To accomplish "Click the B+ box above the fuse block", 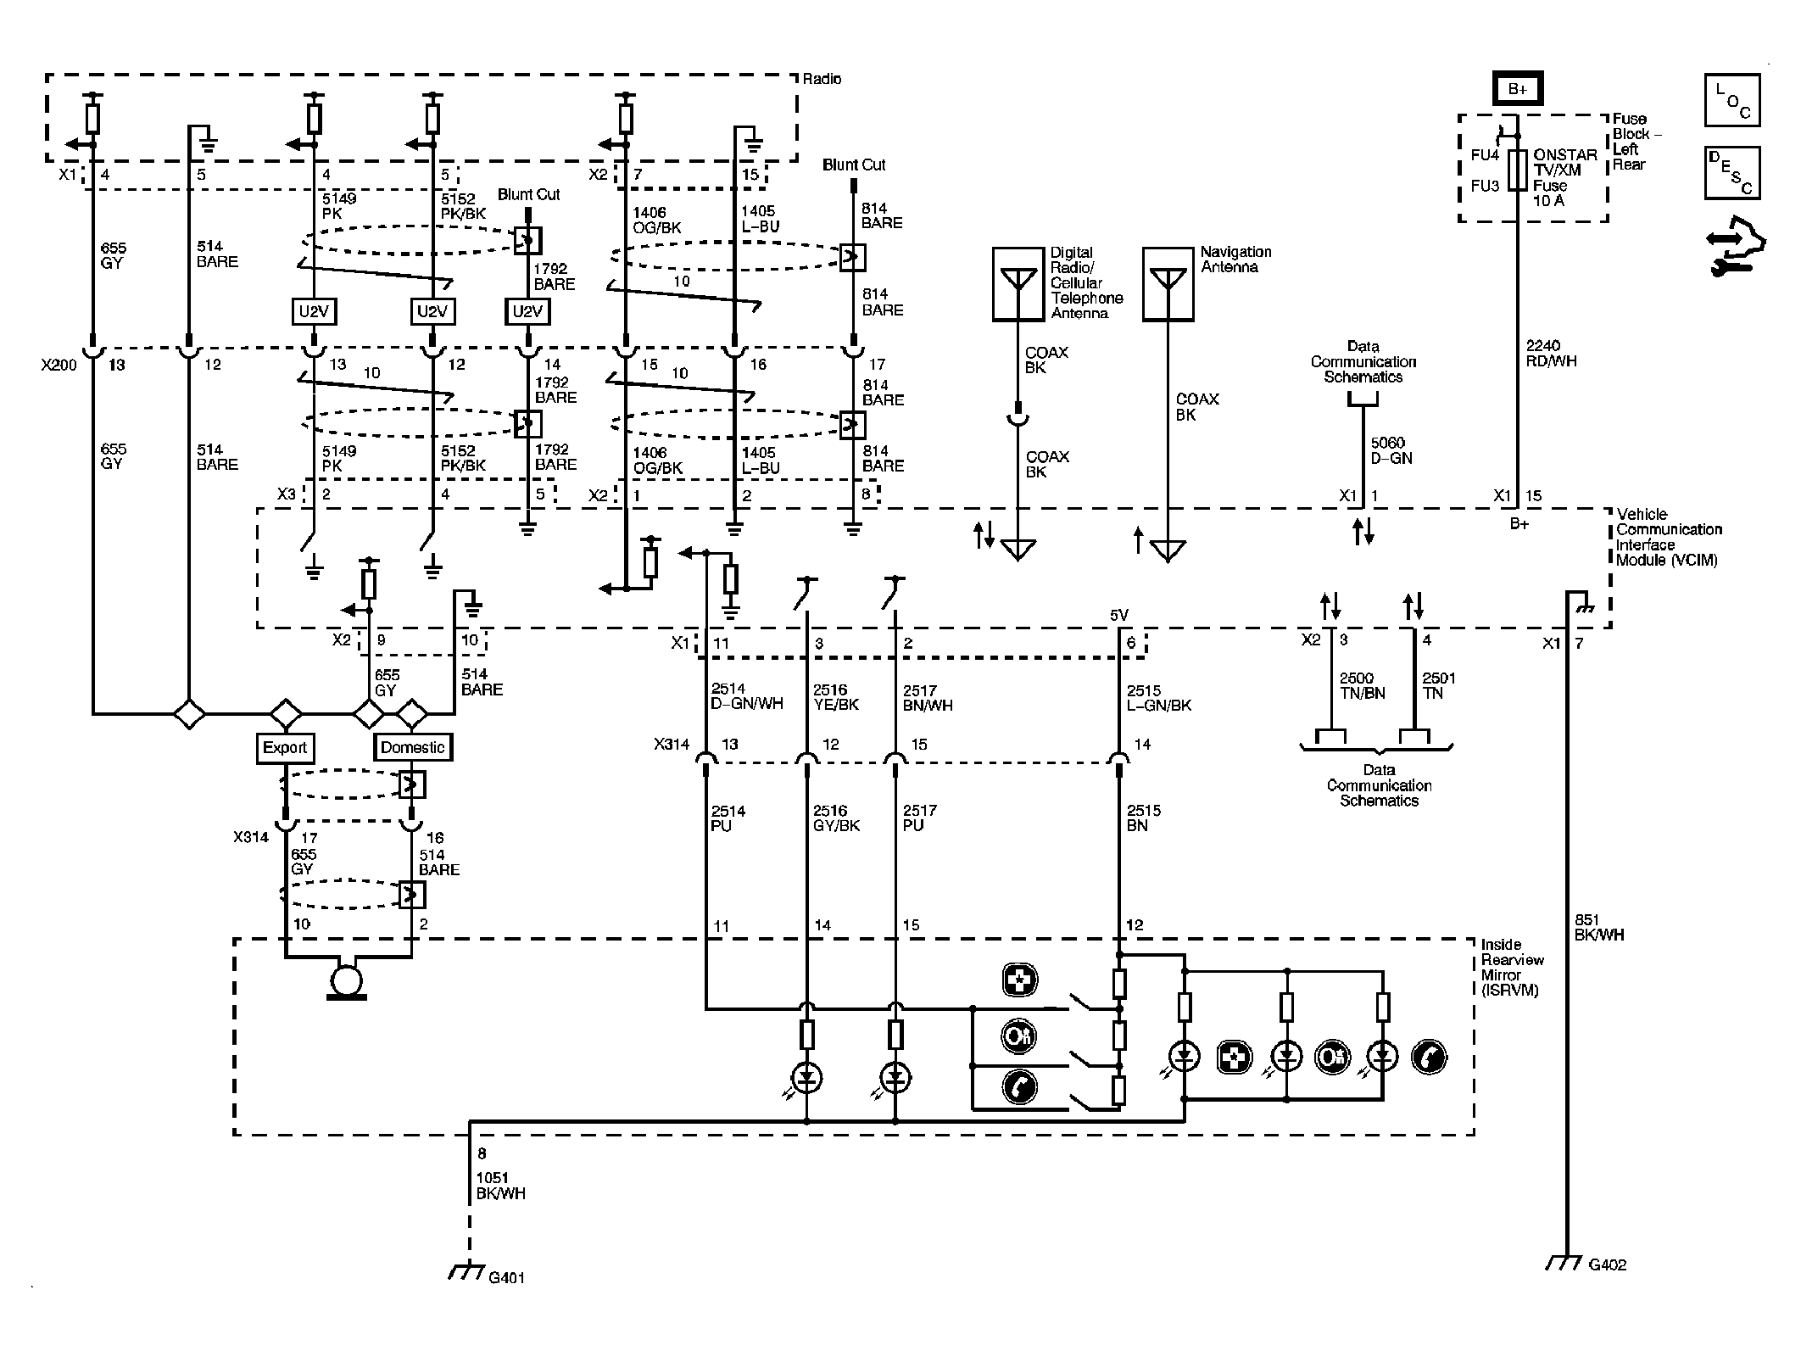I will click(x=1518, y=89).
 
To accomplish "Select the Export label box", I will click(x=285, y=747).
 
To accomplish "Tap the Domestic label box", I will click(x=412, y=747).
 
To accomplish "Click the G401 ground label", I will click(x=506, y=1277).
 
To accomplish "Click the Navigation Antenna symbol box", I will click(x=1168, y=284).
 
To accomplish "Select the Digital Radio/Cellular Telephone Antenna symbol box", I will click(x=1018, y=284).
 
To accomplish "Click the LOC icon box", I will click(x=1731, y=100).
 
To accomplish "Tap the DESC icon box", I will click(x=1731, y=173).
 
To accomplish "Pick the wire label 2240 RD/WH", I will click(x=1551, y=353).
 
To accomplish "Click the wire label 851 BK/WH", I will click(x=1599, y=927).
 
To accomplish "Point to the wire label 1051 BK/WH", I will click(x=500, y=1186).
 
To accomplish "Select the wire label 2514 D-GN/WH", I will click(x=746, y=697).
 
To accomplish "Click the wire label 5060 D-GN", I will click(x=1391, y=450).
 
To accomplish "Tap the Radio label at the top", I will click(x=822, y=79).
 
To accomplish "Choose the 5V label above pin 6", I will click(x=1119, y=615).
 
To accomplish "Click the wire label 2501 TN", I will click(x=1438, y=685).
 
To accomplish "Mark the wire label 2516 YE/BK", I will click(x=835, y=697).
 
